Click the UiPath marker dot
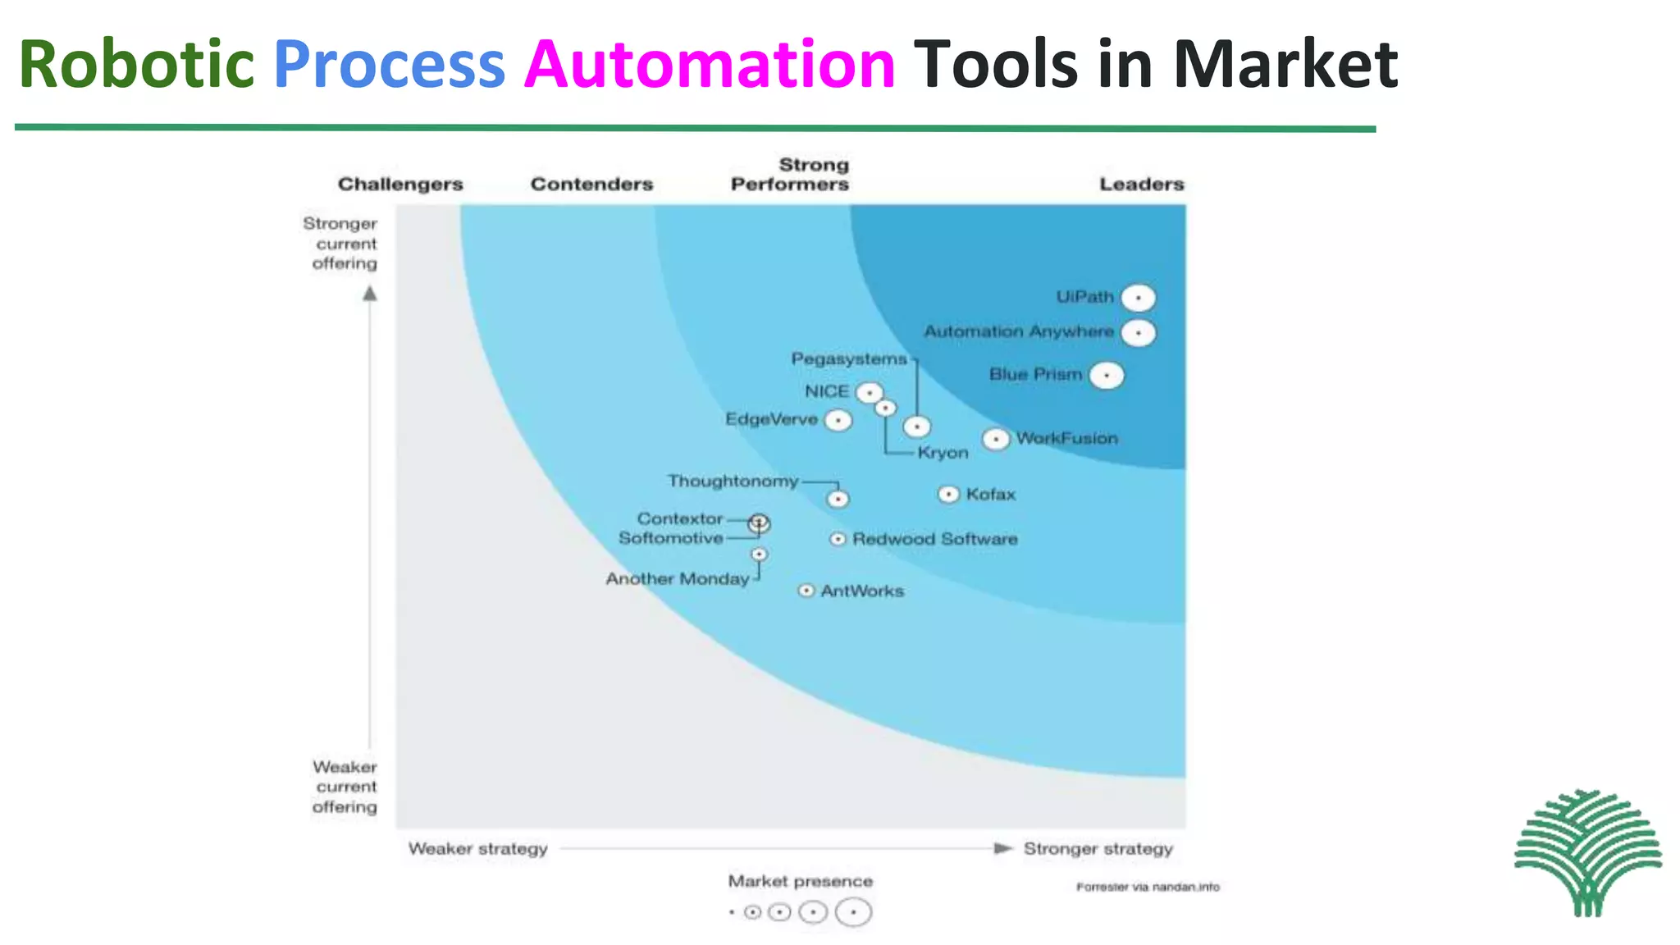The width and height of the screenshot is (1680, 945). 1138,298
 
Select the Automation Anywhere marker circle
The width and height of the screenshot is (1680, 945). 1138,333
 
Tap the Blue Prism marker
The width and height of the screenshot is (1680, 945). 1107,376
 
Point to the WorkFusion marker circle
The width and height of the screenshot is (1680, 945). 996,440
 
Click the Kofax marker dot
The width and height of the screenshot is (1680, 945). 948,494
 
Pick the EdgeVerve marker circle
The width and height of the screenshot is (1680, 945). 838,421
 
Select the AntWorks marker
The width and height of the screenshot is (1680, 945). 806,591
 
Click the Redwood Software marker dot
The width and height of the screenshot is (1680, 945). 838,539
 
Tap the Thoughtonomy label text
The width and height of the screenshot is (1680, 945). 733,481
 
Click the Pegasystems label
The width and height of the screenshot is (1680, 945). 849,359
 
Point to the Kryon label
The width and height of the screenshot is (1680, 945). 943,453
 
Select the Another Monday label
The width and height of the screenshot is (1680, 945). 678,579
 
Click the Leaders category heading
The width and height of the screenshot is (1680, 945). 1141,185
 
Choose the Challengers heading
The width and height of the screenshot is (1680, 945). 400,185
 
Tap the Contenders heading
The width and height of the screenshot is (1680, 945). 591,185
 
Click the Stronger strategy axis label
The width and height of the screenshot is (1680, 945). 1098,849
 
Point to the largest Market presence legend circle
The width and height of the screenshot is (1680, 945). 853,912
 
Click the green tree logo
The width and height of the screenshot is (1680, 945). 1588,853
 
